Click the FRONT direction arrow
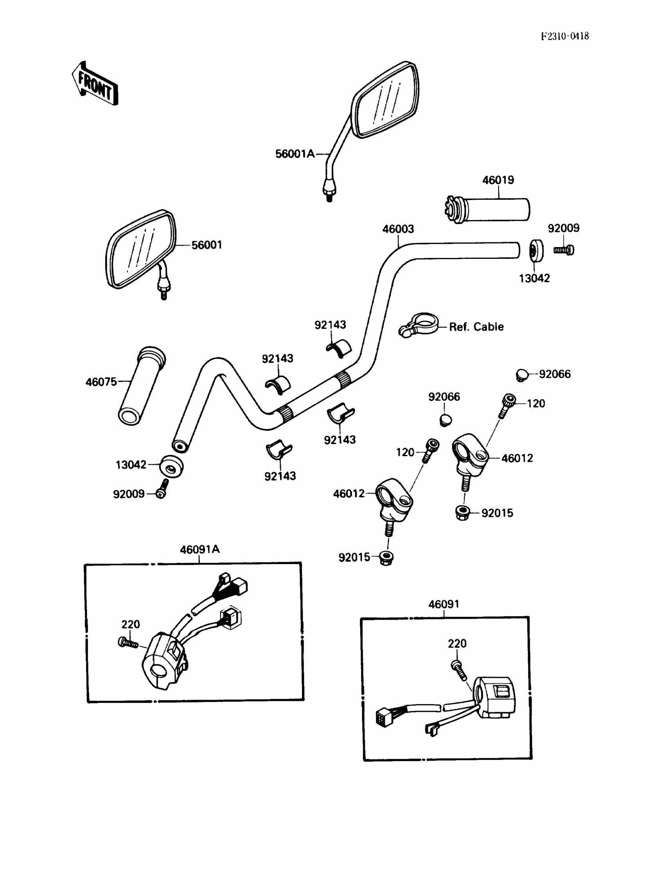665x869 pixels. pos(95,84)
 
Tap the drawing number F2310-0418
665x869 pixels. pos(564,36)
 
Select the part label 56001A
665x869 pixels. pos(295,154)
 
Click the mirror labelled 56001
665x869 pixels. pos(140,249)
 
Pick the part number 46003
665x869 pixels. pos(398,229)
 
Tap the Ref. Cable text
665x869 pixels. pos(476,327)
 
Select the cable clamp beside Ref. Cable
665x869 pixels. pos(419,325)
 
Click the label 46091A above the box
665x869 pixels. pos(199,549)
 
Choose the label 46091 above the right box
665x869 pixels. pos(444,604)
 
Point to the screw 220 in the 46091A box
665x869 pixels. pos(128,643)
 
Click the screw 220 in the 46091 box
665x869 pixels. pos(459,670)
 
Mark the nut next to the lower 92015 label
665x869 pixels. pos(386,558)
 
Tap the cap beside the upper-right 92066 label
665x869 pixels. pos(523,374)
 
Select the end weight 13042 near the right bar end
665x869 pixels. pos(536,250)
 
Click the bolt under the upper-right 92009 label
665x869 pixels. pos(564,250)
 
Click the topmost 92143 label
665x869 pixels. pos(330,325)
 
